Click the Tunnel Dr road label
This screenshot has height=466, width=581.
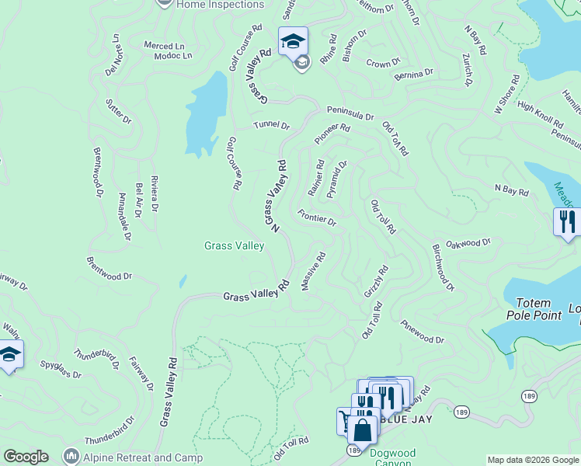[x=271, y=126]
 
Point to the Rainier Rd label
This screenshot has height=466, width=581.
[x=316, y=177]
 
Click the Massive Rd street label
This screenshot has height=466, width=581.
[x=313, y=272]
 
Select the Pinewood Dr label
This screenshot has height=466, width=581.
[x=423, y=332]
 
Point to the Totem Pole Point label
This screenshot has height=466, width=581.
[x=528, y=309]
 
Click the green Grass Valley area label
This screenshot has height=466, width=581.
[x=234, y=245]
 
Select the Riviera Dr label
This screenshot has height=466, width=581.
[x=154, y=193]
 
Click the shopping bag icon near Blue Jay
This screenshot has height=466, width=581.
[x=362, y=429]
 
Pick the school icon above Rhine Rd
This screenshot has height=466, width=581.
[x=294, y=40]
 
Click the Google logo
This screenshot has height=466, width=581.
[x=26, y=457]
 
